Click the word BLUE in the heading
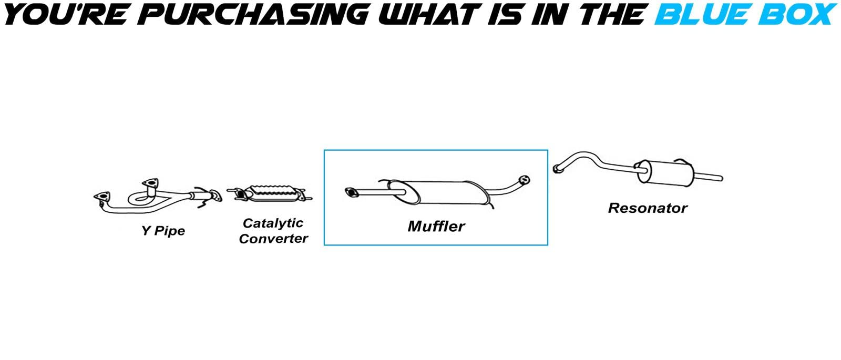701,14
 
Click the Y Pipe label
163,231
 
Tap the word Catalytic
273,223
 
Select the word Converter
273,239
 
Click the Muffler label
436,227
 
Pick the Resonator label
648,208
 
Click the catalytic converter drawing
270,194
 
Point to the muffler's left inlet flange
352,192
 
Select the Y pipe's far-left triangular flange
102,198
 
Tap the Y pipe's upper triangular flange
150,183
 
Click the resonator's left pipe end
557,169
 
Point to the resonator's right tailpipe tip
721,179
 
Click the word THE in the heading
611,14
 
